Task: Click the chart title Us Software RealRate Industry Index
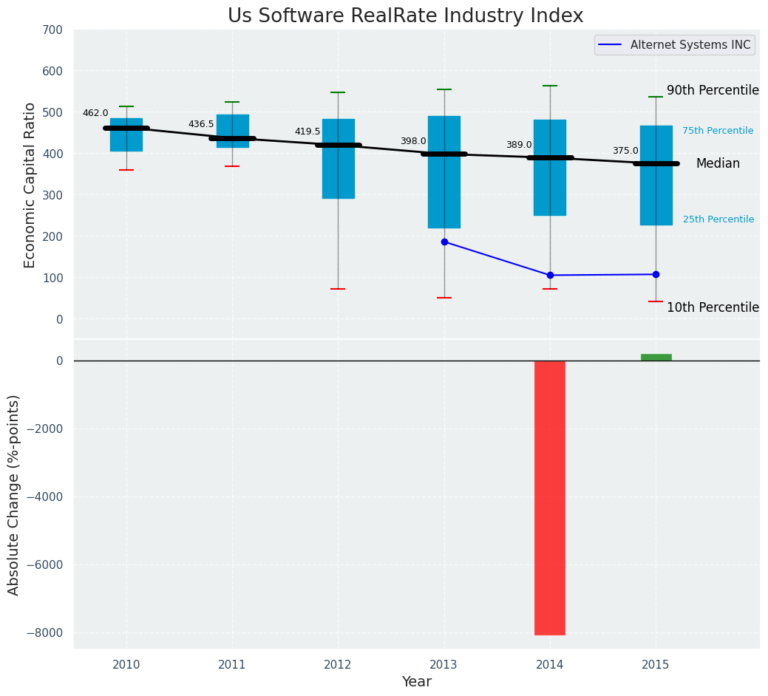click(405, 16)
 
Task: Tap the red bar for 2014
click(550, 497)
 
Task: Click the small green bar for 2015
click(656, 358)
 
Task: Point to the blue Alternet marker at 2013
click(444, 242)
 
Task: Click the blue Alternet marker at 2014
click(550, 275)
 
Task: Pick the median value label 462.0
click(95, 113)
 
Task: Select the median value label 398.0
click(413, 141)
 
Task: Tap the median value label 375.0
click(625, 151)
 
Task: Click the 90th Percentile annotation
click(713, 90)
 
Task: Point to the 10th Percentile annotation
click(713, 307)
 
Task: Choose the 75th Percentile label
click(717, 131)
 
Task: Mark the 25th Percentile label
click(718, 219)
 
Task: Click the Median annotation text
click(717, 164)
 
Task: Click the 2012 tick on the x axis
click(338, 665)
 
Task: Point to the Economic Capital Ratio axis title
click(30, 185)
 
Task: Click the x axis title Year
click(416, 682)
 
